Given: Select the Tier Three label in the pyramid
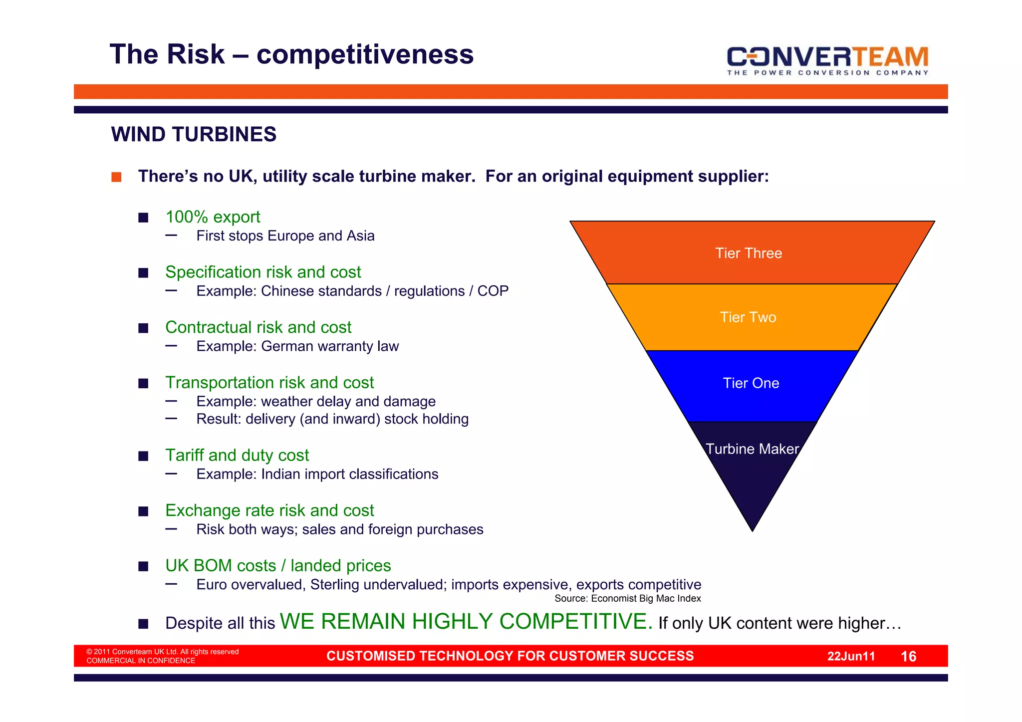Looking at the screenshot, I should (748, 253).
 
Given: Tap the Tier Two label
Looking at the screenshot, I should (748, 317).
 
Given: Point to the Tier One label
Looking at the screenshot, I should (751, 383).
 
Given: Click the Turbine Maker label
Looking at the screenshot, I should (752, 449).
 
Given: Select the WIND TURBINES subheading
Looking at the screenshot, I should (194, 135).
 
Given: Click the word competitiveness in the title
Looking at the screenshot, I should (365, 54).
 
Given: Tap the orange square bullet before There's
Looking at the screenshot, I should (116, 177).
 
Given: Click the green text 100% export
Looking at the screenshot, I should (213, 217).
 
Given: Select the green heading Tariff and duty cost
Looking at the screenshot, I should (237, 456).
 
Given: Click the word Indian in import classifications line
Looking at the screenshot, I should (280, 475).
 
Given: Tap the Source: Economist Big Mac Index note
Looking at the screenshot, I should (627, 599).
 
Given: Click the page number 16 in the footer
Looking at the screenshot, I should (908, 657).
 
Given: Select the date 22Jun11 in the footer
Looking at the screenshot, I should (851, 657).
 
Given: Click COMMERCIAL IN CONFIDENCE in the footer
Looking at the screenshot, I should (141, 661).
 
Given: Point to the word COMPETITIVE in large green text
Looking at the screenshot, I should (575, 622).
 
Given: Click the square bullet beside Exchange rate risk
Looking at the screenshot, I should (143, 511).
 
